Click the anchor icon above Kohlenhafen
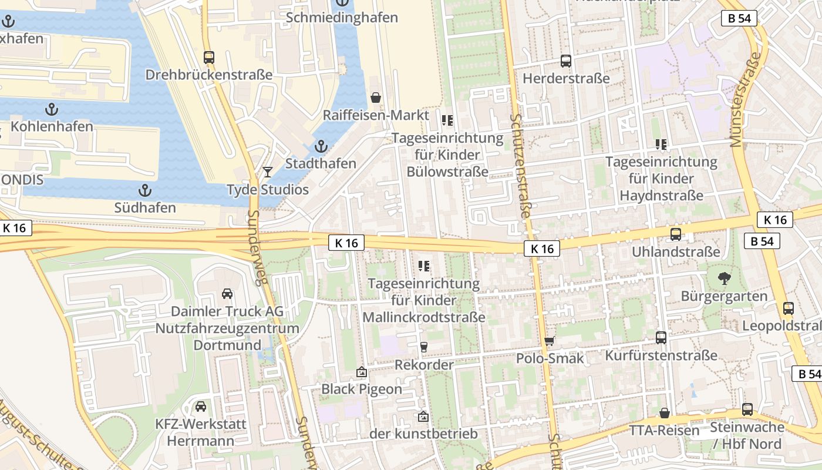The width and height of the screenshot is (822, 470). click(52, 109)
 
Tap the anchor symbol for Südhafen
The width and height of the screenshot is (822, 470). click(144, 190)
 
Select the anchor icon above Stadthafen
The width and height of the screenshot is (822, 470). click(321, 146)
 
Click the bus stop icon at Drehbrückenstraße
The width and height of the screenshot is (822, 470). click(208, 58)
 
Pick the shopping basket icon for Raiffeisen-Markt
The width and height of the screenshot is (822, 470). click(375, 97)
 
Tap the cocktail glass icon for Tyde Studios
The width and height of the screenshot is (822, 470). click(268, 172)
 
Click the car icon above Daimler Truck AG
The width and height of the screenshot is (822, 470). click(227, 294)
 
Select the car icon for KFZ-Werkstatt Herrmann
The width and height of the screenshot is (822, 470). click(201, 407)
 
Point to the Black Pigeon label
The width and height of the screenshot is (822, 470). click(361, 389)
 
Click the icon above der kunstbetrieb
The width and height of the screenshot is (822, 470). click(423, 417)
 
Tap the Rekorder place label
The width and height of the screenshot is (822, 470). click(424, 365)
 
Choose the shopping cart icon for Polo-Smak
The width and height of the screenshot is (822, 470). click(550, 341)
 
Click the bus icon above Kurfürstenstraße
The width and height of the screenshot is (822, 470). click(661, 338)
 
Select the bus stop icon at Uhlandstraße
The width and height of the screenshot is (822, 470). click(676, 234)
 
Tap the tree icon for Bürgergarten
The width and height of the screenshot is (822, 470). click(723, 278)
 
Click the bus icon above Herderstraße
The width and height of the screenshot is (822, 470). click(566, 61)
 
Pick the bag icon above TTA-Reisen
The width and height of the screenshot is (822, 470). click(665, 413)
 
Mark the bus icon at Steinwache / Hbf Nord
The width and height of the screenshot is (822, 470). click(747, 409)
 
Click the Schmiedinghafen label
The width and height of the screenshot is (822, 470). click(342, 18)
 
